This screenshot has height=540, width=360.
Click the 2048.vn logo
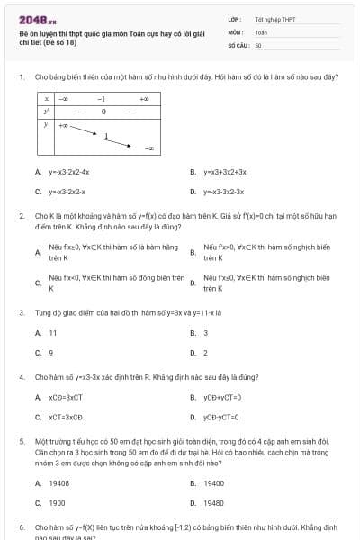tap(31, 19)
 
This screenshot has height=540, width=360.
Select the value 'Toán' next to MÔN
tap(261, 31)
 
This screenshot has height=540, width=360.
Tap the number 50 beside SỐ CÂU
tap(258, 44)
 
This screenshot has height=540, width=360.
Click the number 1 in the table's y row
tap(105, 137)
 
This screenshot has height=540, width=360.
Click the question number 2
tap(22, 216)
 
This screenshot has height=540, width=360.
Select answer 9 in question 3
tap(51, 353)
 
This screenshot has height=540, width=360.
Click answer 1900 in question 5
tap(57, 503)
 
